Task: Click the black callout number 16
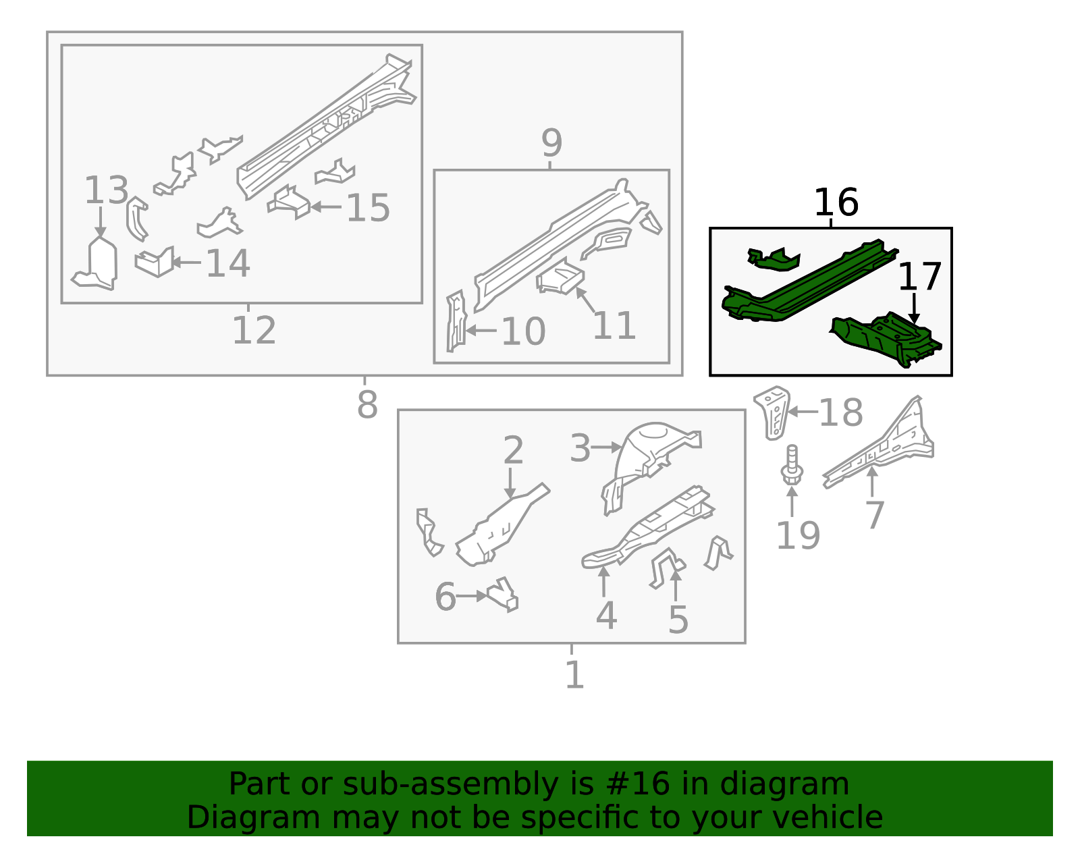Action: [836, 202]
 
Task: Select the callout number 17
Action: [919, 277]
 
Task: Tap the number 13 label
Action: [106, 190]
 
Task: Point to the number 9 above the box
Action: [551, 143]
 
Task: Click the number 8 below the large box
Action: [367, 405]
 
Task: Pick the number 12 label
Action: [254, 331]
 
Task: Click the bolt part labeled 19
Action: [792, 466]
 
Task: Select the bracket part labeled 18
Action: [772, 412]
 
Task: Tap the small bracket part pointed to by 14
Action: [155, 263]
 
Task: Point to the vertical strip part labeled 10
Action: [456, 321]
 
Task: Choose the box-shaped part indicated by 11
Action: [560, 278]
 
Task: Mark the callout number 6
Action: [445, 597]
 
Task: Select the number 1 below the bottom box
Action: [574, 675]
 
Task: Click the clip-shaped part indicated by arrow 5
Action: [665, 566]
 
